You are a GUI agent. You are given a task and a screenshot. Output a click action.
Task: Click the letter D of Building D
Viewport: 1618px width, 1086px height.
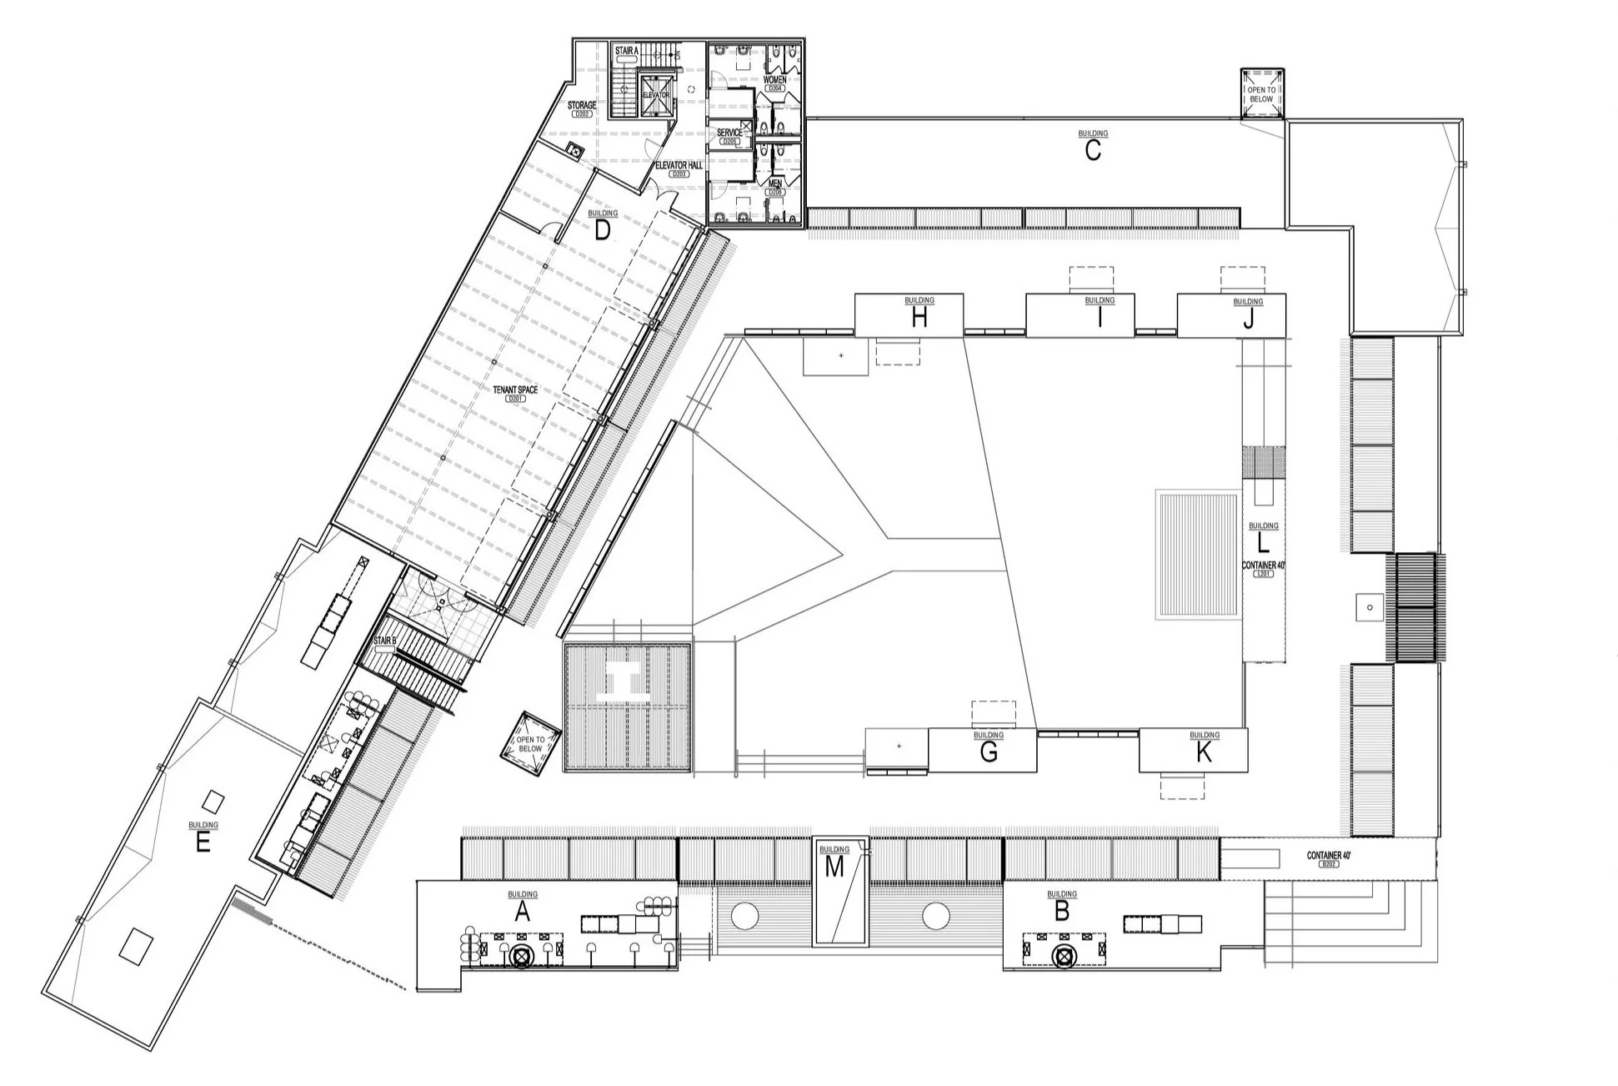(603, 231)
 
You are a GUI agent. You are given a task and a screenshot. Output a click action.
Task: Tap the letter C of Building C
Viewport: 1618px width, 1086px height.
(1092, 151)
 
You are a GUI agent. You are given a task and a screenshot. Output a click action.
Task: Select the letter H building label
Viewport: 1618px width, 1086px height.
(919, 318)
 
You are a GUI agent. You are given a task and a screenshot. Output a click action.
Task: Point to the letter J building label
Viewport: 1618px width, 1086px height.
(1248, 319)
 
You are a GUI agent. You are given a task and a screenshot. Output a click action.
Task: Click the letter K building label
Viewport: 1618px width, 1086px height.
(1204, 752)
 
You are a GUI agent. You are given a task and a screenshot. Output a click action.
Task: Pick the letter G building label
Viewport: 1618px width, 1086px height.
(989, 752)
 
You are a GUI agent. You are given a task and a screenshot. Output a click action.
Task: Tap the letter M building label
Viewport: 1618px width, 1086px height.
(834, 867)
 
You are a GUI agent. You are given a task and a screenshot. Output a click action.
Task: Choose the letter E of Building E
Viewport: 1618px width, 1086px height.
(203, 843)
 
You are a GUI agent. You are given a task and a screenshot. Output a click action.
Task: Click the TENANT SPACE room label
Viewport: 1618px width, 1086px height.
(515, 390)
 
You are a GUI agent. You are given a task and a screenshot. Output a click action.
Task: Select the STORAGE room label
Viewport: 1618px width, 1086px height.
(582, 106)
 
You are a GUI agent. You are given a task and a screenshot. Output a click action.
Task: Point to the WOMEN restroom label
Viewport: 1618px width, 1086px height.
(774, 80)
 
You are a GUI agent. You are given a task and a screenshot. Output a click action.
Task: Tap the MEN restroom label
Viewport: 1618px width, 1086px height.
(775, 183)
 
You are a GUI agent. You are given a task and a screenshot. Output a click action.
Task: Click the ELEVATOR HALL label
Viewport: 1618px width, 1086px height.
(679, 165)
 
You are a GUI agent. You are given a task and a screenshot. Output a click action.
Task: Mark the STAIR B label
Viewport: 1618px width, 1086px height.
(385, 641)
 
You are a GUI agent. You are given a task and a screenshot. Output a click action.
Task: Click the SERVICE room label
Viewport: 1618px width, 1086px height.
(729, 133)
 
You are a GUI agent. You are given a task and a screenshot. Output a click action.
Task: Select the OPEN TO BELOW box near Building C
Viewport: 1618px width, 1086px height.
(1261, 94)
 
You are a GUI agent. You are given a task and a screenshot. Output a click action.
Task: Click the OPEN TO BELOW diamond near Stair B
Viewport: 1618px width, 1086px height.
(530, 744)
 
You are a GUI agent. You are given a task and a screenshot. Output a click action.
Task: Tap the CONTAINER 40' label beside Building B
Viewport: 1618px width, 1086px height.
(1329, 856)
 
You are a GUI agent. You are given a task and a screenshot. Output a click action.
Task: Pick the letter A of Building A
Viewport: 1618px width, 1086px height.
(523, 912)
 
